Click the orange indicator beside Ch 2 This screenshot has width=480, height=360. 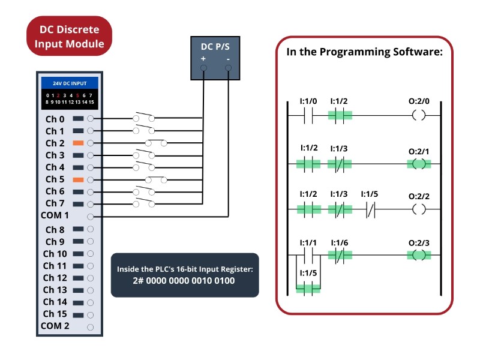pos(78,143)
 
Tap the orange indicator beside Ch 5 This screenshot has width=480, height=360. pos(78,179)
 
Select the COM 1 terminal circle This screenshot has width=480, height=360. pos(91,217)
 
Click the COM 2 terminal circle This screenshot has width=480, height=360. pos(91,327)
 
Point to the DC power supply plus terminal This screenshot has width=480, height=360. pos(203,68)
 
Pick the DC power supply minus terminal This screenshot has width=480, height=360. pos(229,68)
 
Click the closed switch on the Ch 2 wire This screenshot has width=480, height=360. pos(156,143)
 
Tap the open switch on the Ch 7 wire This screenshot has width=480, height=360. pos(144,203)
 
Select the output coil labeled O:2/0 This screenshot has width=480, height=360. pos(419,115)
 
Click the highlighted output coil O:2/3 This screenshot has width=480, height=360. pos(419,255)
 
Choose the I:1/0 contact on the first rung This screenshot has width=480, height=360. pos(308,116)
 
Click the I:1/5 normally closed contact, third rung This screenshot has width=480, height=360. pos(370,210)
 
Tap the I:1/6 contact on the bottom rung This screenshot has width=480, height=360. pos(340,256)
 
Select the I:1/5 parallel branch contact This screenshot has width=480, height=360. pos(308,289)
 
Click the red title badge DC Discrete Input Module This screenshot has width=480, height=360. pos(70,36)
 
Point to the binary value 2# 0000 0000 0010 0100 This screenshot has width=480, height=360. pos(184,281)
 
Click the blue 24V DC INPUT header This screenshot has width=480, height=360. pos(70,83)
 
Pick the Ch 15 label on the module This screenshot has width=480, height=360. pos(55,314)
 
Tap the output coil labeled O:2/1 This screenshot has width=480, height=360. pos(419,164)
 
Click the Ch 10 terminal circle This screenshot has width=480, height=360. pos(91,254)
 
